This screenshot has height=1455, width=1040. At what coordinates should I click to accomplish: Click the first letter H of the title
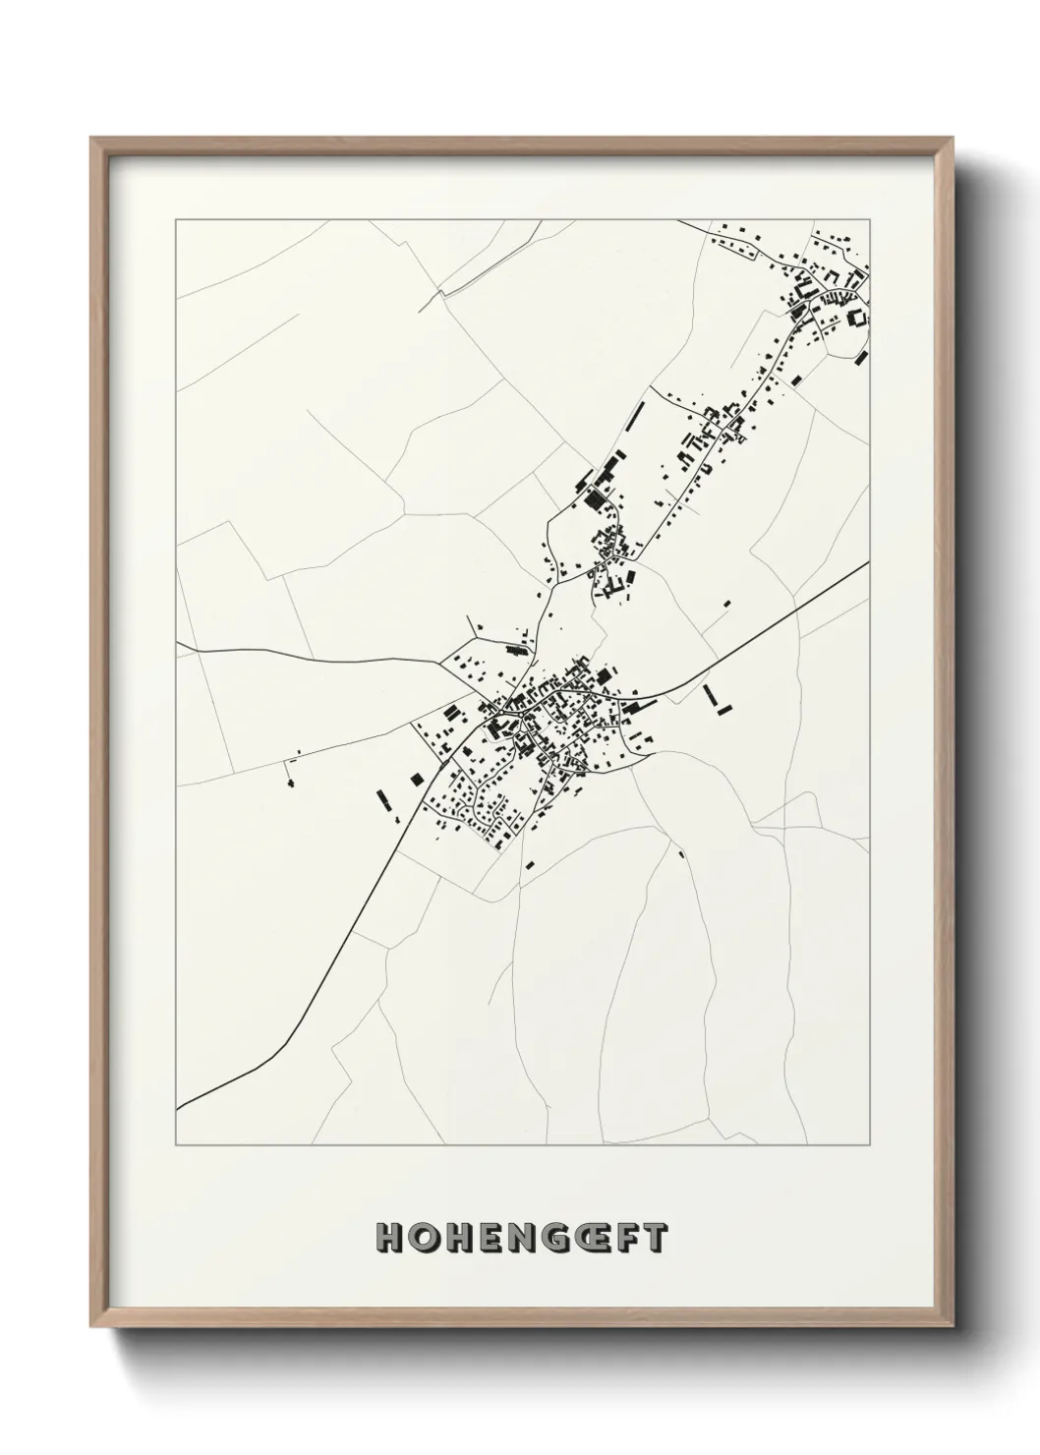(389, 1238)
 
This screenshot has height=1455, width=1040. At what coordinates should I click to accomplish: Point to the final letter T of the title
(656, 1238)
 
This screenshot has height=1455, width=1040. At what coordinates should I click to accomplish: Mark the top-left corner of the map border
(176, 220)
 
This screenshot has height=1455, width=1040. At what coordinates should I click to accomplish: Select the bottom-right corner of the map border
(870, 1145)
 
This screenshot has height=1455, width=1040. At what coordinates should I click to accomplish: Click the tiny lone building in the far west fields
(290, 783)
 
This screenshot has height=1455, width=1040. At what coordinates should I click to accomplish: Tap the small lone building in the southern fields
(680, 853)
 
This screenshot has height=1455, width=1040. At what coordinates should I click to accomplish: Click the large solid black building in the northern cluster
(593, 498)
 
